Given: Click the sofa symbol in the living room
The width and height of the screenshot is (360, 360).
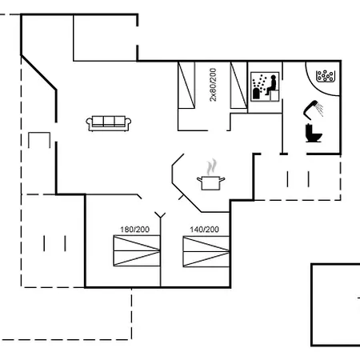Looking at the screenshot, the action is (108, 123).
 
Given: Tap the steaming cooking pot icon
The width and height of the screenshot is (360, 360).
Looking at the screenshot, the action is (210, 174).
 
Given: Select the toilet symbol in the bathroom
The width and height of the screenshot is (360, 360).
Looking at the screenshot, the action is (314, 133).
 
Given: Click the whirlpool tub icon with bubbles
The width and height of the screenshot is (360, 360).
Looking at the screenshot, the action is (326, 76).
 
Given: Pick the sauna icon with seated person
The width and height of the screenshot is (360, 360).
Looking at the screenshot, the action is (265, 86).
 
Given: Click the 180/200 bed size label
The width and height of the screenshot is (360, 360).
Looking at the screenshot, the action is (134, 230).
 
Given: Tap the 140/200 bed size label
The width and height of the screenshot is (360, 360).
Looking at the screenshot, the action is (204, 230).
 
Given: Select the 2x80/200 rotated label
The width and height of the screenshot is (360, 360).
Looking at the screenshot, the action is (213, 85).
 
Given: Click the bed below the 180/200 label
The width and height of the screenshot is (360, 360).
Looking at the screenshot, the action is (137, 250).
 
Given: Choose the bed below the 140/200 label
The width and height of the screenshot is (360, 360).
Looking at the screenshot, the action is (206, 251).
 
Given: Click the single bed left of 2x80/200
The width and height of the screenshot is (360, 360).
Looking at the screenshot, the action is (186, 85).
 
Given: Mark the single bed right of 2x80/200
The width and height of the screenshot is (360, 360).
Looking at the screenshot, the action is (238, 85).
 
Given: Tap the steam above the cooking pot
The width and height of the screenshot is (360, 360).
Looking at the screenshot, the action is (211, 166).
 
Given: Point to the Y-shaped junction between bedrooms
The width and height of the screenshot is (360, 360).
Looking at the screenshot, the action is (160, 215).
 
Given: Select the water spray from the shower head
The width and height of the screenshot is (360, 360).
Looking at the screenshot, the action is (319, 110).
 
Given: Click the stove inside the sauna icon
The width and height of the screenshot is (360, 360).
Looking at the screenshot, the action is (256, 94).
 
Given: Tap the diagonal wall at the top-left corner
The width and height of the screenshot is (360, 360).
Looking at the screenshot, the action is (38, 73).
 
